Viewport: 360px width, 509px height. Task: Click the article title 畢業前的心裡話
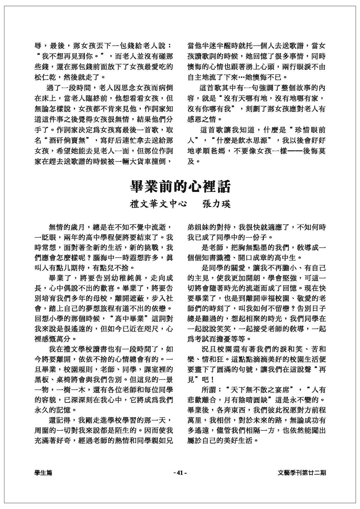click(180, 186)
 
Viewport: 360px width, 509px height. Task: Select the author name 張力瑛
click(216, 204)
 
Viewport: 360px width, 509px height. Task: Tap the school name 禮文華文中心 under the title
click(158, 204)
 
